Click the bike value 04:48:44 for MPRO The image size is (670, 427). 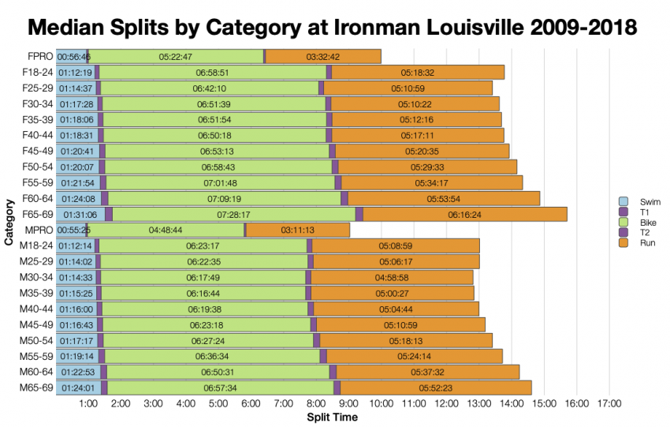166,230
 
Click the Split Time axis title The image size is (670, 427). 332,418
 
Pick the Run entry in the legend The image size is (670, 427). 647,242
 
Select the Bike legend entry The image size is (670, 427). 647,222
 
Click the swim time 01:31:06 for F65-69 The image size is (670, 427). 77,214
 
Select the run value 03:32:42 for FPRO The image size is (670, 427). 322,56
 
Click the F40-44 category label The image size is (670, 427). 37,135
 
